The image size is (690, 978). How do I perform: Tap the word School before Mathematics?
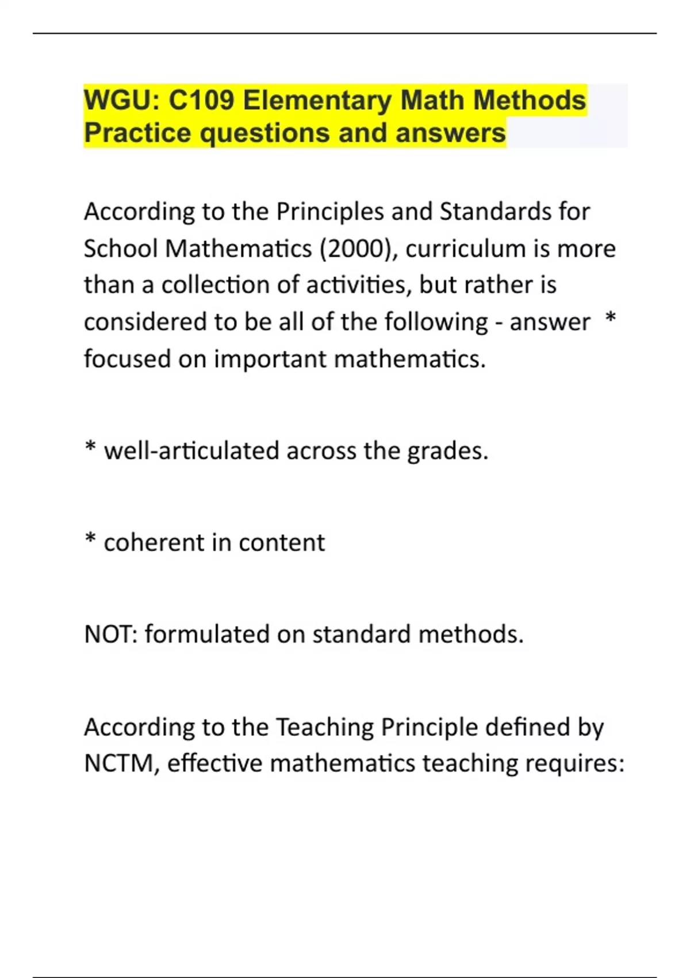pos(120,249)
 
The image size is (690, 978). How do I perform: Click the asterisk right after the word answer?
pos(611,319)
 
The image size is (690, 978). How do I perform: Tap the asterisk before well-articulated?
pos(90,448)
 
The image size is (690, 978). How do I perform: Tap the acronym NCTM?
pos(120,764)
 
